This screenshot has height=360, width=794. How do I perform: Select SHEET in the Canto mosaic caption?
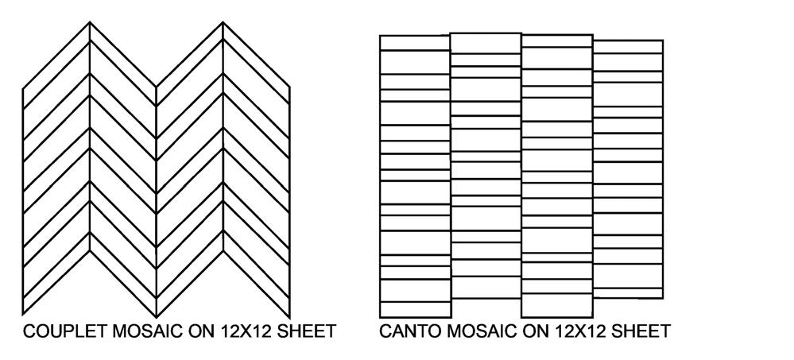coord(640,331)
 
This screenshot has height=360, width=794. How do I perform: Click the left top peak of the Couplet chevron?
coord(90,23)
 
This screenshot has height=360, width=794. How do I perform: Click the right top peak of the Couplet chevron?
coord(223,23)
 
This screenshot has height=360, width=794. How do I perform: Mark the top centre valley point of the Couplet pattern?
coord(157,86)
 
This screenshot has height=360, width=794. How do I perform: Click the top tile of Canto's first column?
coord(415,43)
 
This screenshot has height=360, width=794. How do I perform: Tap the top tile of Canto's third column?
coord(556,41)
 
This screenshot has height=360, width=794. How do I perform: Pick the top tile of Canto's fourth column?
coord(628,46)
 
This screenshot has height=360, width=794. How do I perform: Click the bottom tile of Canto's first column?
coord(415,309)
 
